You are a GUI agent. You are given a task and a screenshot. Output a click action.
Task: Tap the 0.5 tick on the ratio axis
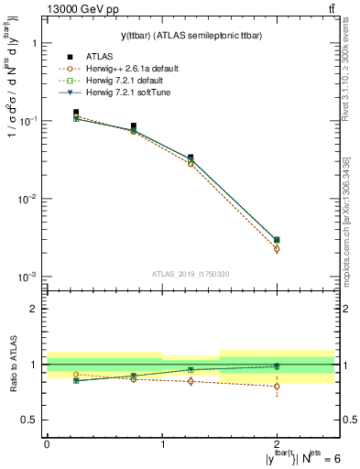tap(29, 420)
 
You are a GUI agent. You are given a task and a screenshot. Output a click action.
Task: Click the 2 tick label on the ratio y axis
tap(33, 309)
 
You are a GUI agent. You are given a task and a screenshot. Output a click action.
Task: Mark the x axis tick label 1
tap(162, 443)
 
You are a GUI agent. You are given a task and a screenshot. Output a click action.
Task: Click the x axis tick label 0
tap(47, 443)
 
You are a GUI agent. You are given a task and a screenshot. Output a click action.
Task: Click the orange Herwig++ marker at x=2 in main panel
tap(277, 248)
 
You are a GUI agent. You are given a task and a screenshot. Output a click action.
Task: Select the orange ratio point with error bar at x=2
tap(277, 386)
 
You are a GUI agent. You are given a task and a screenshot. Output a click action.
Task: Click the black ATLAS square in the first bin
tap(76, 112)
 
